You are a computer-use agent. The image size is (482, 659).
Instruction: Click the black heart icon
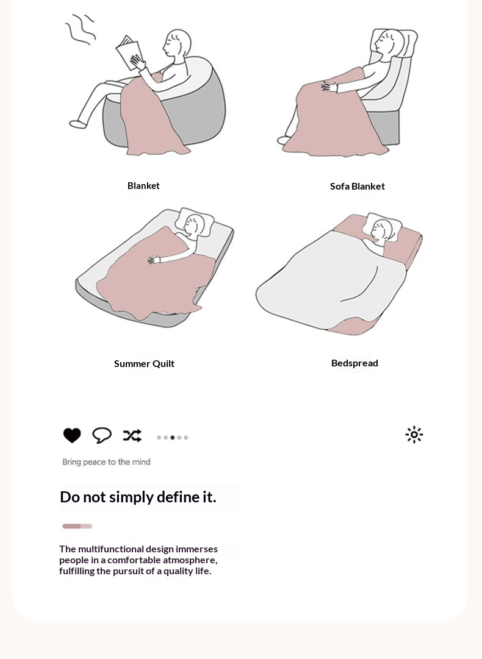72,435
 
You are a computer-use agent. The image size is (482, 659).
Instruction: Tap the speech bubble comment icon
102,435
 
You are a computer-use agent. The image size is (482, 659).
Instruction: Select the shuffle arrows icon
132,435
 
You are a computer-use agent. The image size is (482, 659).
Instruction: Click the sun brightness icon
414,435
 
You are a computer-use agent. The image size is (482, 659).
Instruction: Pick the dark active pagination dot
173,438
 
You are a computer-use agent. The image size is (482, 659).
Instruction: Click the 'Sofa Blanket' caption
357,186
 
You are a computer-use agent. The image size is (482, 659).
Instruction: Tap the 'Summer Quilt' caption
144,363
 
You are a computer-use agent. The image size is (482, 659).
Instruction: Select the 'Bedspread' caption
354,363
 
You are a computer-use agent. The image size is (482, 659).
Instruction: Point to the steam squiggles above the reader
80,29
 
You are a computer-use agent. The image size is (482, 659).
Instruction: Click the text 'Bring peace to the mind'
106,462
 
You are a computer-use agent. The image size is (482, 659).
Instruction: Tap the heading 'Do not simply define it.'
138,497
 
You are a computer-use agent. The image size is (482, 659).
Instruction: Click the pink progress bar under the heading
77,526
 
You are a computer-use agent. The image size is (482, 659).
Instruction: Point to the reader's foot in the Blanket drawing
78,124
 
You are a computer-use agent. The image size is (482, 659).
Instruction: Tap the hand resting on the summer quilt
154,260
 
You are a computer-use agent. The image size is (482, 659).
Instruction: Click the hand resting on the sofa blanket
329,87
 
